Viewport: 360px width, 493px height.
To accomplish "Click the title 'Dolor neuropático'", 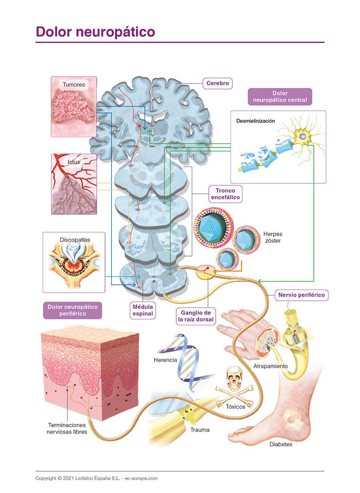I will click(x=96, y=32).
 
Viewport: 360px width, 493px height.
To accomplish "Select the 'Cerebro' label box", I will click(x=217, y=83).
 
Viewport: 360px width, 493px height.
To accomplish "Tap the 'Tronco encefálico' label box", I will click(x=225, y=194).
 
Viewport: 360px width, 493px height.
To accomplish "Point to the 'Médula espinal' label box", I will click(x=143, y=310).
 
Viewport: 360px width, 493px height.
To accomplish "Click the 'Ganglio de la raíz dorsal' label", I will click(x=196, y=316).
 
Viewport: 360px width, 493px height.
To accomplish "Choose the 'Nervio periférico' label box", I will click(x=302, y=295).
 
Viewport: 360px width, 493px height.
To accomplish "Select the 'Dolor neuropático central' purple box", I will click(x=280, y=97).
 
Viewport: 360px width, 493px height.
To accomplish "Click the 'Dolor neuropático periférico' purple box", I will click(x=72, y=310).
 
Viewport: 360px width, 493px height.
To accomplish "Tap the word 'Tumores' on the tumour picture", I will click(x=74, y=85).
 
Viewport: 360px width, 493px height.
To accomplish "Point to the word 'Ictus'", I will click(x=74, y=162).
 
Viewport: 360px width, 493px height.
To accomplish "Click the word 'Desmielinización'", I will click(x=255, y=121).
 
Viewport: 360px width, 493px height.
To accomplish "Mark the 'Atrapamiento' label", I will click(x=270, y=366).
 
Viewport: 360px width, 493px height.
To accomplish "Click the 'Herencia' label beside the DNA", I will click(x=165, y=360).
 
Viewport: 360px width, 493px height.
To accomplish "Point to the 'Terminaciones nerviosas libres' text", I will click(x=67, y=428).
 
